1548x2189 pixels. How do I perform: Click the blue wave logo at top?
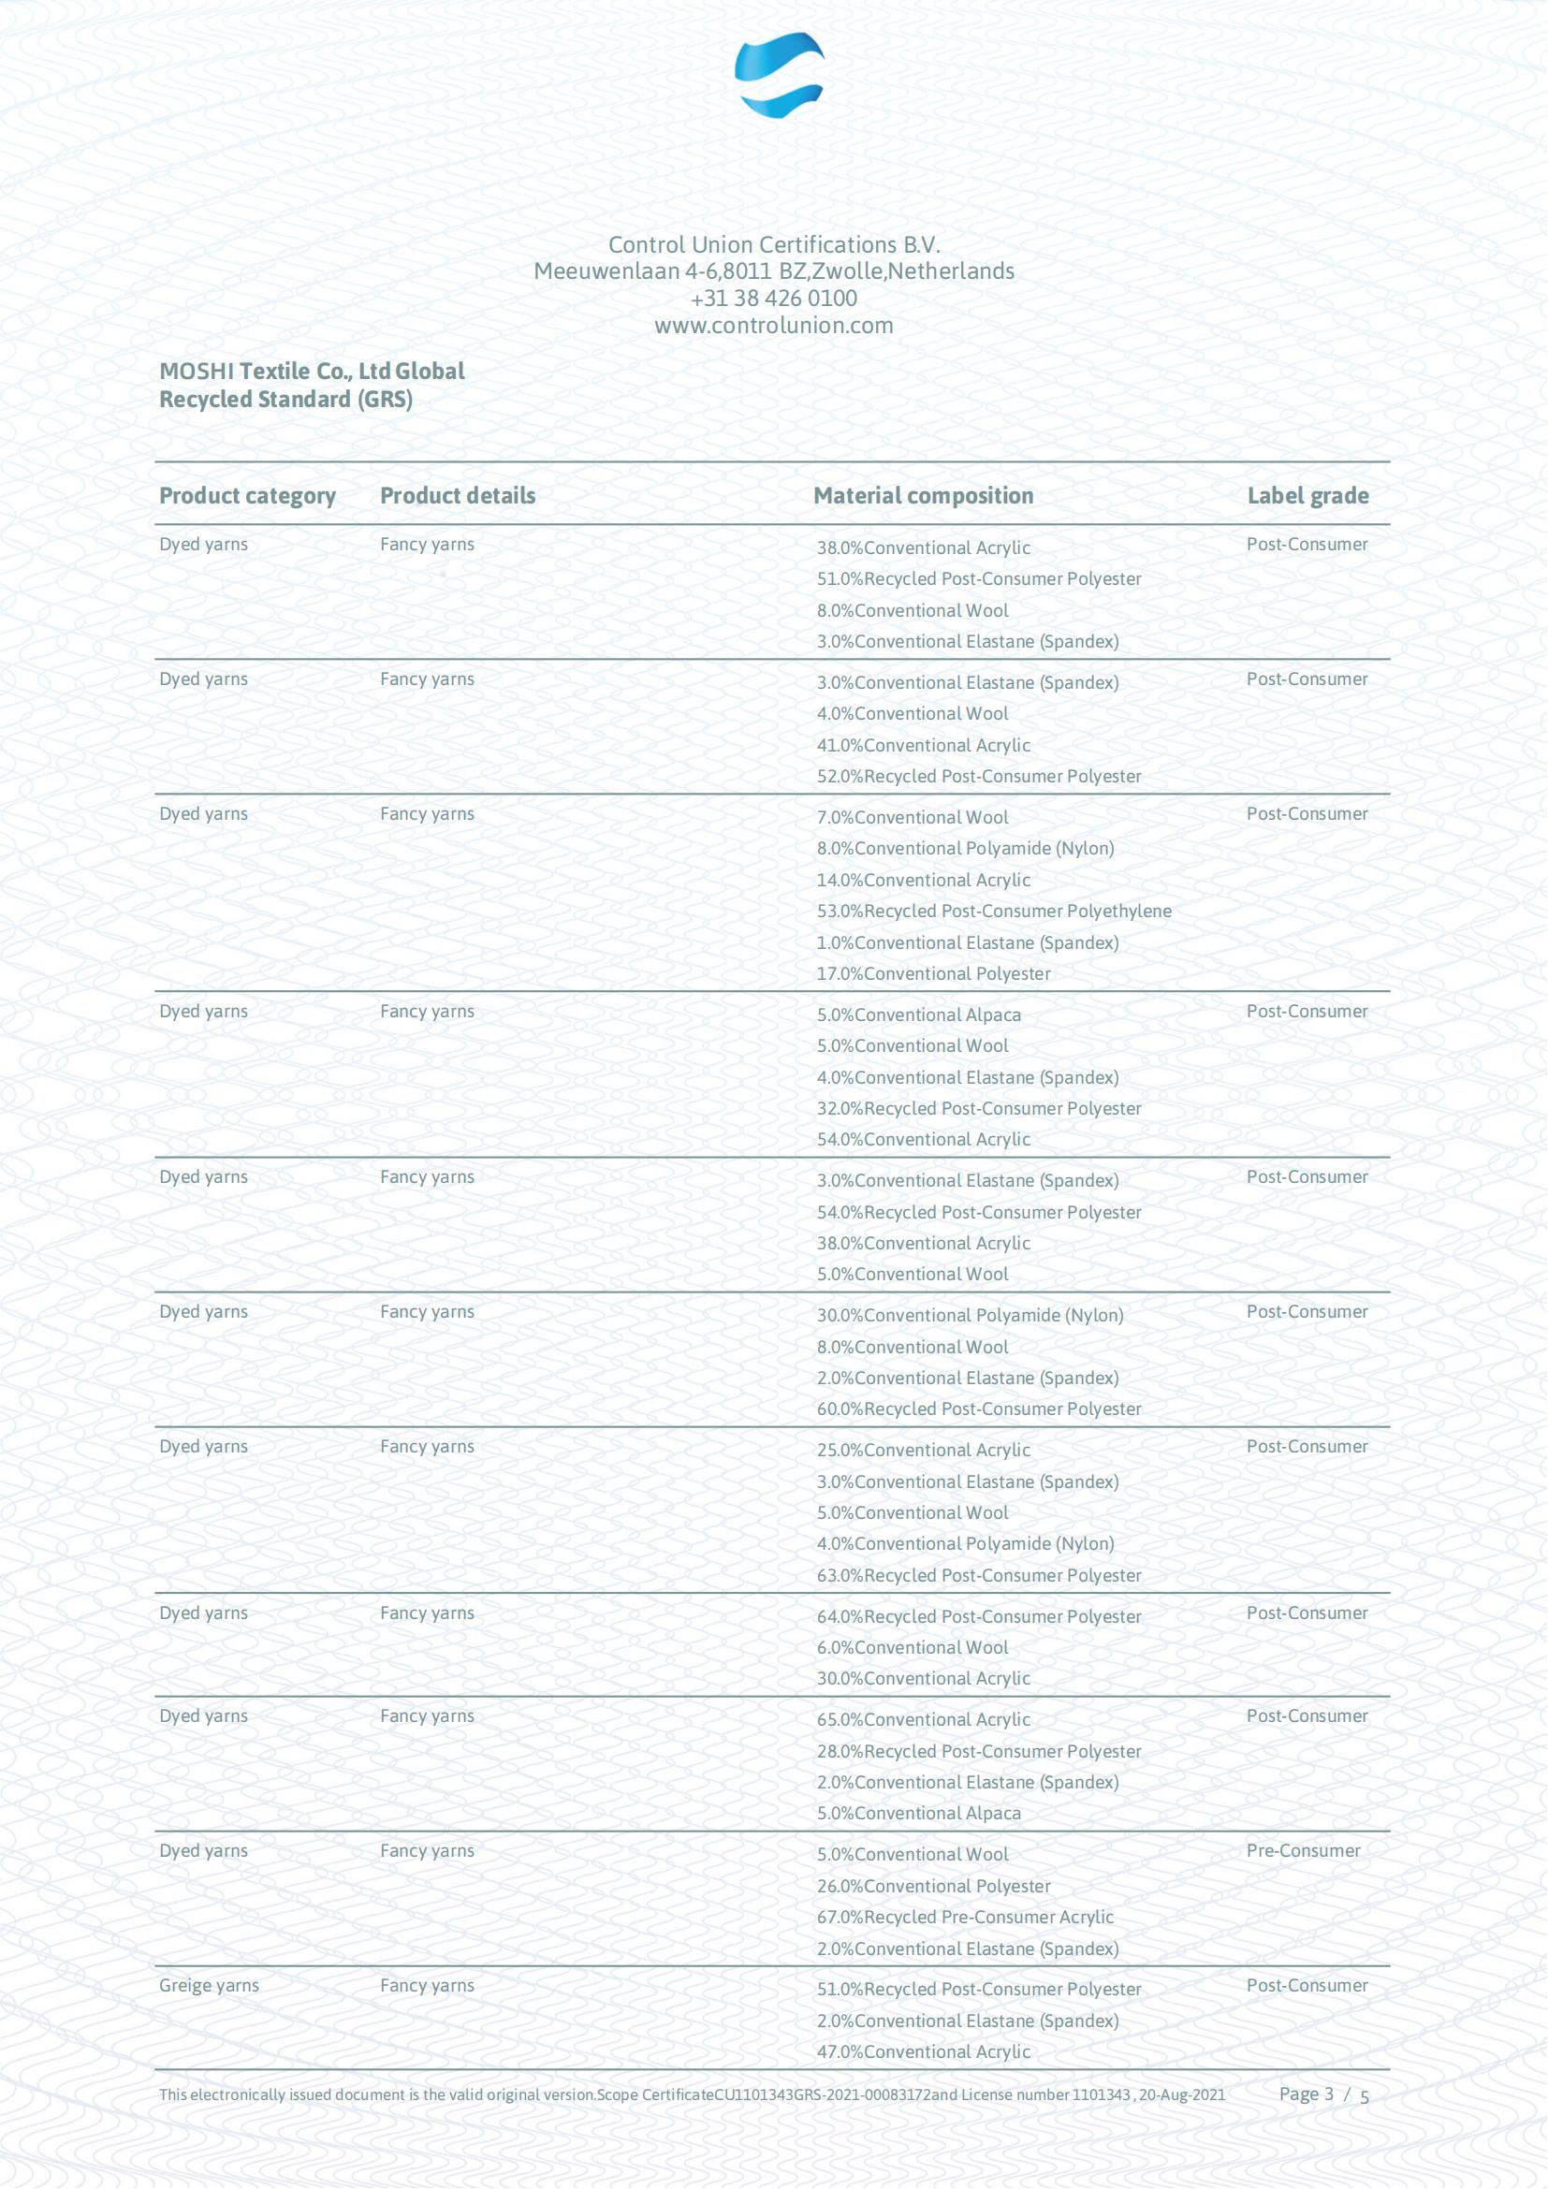pyautogui.click(x=779, y=74)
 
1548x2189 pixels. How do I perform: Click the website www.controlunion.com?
pyautogui.click(x=773, y=326)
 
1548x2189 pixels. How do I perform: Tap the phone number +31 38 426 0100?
pyautogui.click(x=773, y=299)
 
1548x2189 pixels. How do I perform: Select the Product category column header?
pyautogui.click(x=247, y=496)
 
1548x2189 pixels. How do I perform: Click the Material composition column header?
pyautogui.click(x=923, y=496)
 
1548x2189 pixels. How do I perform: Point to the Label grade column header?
pyautogui.click(x=1307, y=496)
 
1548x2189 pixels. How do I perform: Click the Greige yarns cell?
pyautogui.click(x=209, y=1985)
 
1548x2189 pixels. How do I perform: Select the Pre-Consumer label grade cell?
pyautogui.click(x=1303, y=1850)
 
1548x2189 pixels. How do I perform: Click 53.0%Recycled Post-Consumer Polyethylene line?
pyautogui.click(x=993, y=912)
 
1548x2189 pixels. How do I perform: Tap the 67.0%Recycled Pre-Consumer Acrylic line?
pyautogui.click(x=965, y=1918)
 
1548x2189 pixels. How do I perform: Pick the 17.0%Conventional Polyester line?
pyautogui.click(x=933, y=973)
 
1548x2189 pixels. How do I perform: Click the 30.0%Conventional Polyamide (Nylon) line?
pyautogui.click(x=970, y=1316)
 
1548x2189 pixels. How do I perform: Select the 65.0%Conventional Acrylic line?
pyautogui.click(x=923, y=1720)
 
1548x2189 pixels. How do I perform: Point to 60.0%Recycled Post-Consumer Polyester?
pyautogui.click(x=978, y=1409)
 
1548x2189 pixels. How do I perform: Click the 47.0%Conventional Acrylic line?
pyautogui.click(x=923, y=2051)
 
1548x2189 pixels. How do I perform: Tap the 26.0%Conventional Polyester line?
pyautogui.click(x=933, y=1886)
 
